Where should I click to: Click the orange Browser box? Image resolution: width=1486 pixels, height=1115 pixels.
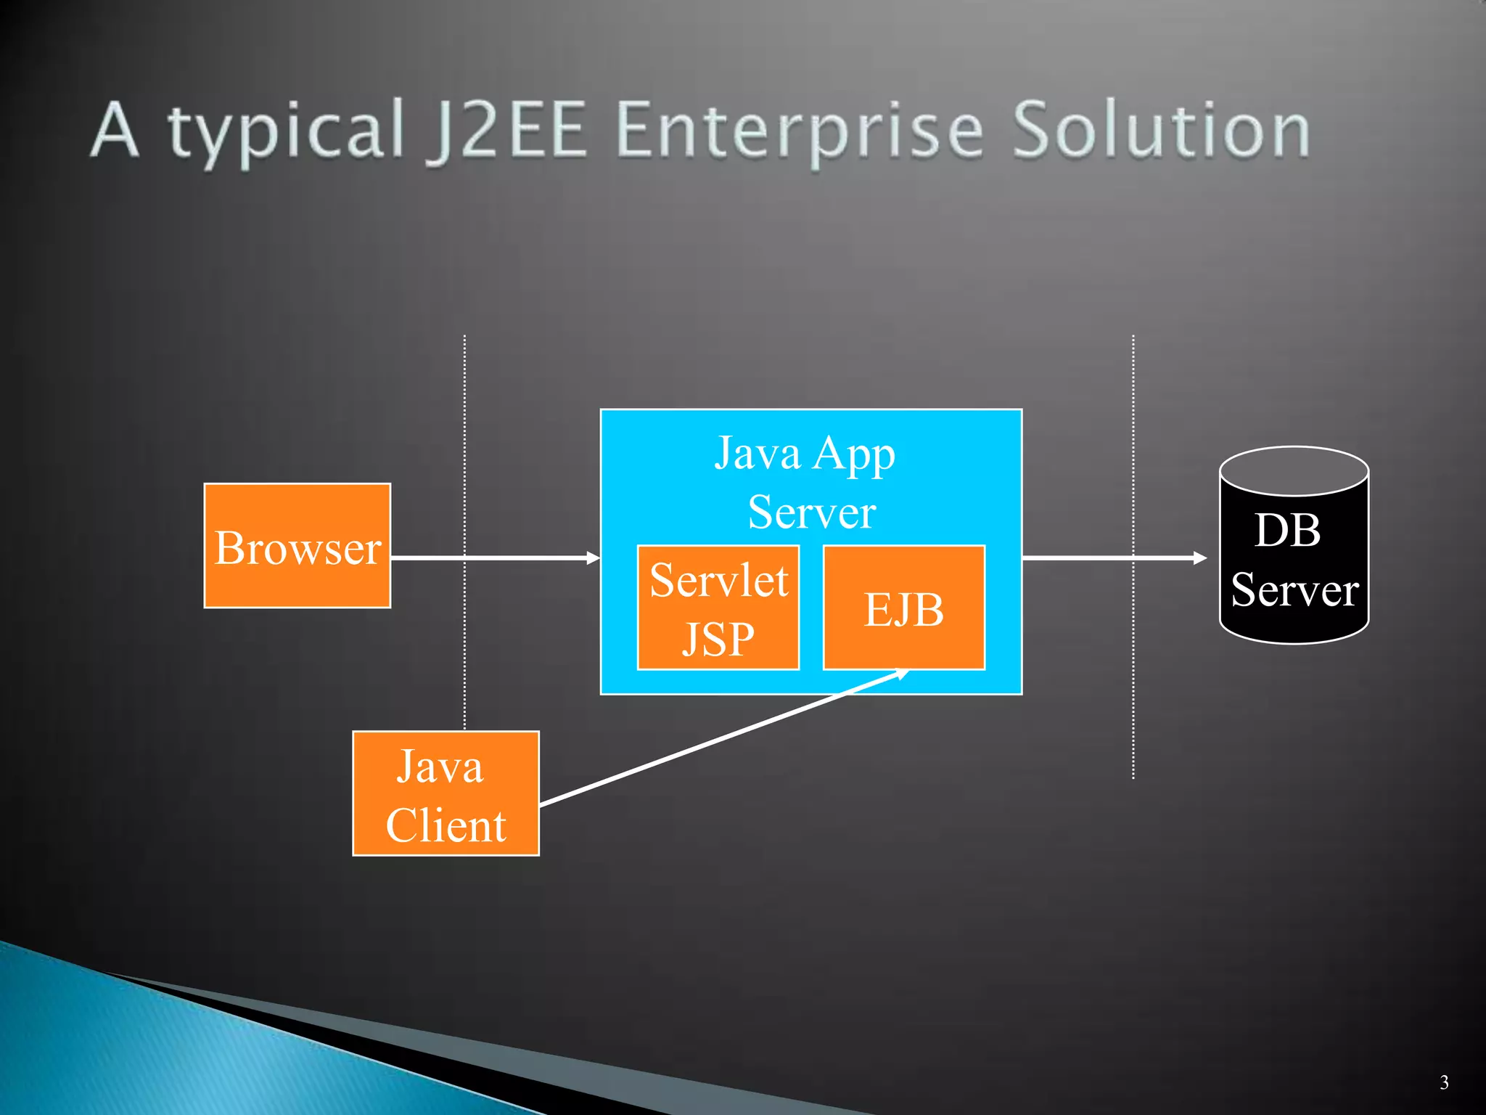(297, 546)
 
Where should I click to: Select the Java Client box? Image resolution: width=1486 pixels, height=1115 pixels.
(446, 793)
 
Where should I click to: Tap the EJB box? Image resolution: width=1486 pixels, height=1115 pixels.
(903, 608)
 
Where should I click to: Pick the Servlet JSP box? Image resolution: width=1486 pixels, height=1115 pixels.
(718, 608)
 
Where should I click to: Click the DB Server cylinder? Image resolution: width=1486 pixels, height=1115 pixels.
(1294, 559)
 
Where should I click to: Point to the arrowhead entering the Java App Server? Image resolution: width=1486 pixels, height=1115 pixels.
(594, 557)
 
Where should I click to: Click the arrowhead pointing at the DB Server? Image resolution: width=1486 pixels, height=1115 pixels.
(1200, 557)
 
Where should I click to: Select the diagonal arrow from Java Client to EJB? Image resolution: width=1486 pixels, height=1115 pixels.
(726, 737)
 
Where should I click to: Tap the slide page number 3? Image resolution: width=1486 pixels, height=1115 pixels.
(1444, 1082)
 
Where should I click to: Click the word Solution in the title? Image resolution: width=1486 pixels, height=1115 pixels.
(1161, 131)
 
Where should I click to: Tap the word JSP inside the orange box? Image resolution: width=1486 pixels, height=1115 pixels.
(718, 639)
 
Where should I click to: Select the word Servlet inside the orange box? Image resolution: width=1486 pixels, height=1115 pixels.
(718, 581)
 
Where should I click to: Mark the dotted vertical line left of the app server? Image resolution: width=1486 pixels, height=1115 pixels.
(464, 436)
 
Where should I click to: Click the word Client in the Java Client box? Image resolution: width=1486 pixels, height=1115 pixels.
(446, 825)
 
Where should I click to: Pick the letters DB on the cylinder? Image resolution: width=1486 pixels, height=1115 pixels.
(1287, 530)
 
